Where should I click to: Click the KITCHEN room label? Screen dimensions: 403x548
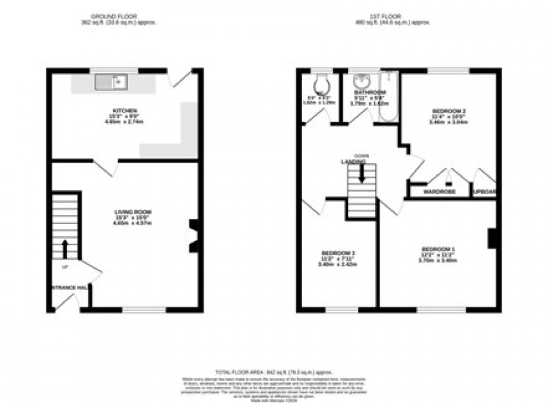(x=125, y=111)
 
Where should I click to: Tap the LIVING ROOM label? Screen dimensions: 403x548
(x=133, y=212)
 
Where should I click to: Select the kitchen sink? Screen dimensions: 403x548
(x=112, y=83)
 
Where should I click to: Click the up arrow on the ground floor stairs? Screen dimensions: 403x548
(x=65, y=246)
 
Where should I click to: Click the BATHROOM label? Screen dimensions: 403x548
(x=370, y=92)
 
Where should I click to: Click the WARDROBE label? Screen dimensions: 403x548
(x=439, y=192)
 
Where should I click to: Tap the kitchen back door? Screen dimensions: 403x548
(x=182, y=79)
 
